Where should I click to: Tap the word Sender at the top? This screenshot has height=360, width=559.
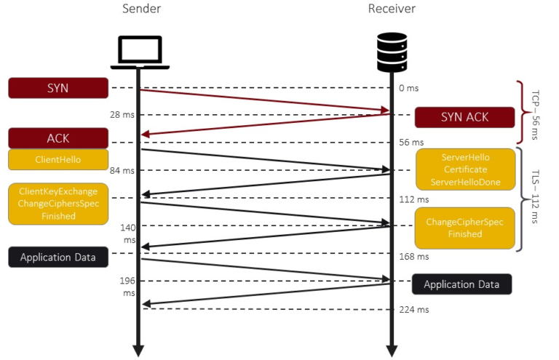138,9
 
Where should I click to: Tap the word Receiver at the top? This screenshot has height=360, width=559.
392,9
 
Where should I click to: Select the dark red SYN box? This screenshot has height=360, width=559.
58,88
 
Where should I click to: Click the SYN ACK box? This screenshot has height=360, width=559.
464,117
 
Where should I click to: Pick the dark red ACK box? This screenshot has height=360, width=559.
58,137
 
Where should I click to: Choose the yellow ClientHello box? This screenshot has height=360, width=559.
58,159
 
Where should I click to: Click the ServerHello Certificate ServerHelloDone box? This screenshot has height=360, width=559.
465,169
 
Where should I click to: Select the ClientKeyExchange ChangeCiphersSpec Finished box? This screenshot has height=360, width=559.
58,203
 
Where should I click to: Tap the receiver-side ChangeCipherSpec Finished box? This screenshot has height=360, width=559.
464,228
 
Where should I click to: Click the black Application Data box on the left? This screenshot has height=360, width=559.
58,257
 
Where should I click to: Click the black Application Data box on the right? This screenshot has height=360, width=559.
462,284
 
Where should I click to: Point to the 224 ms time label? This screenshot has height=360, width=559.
413,309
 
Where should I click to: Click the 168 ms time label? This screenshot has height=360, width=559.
413,256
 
